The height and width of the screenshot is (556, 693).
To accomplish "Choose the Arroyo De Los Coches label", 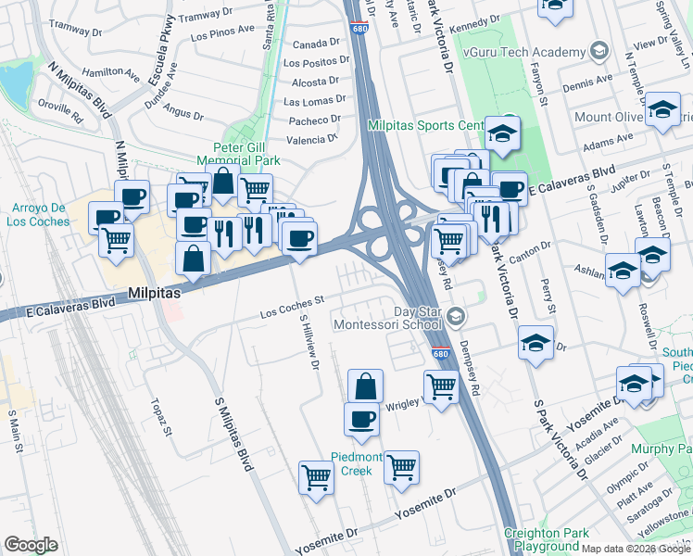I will pos(41,214).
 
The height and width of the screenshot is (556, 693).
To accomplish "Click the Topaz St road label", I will pos(161,418).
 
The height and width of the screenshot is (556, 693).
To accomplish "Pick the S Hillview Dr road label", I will pos(309,343).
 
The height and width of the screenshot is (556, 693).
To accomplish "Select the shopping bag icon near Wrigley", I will pos(366,387).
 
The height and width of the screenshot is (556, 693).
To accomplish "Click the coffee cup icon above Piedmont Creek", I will pos(361,420).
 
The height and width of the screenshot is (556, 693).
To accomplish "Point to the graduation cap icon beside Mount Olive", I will pos(662,110).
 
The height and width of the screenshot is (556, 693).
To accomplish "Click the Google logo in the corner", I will pos(31,544).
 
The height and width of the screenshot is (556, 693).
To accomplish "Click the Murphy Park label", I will pos(661,449).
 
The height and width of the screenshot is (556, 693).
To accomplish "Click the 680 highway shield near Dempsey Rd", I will pos(442,354).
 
